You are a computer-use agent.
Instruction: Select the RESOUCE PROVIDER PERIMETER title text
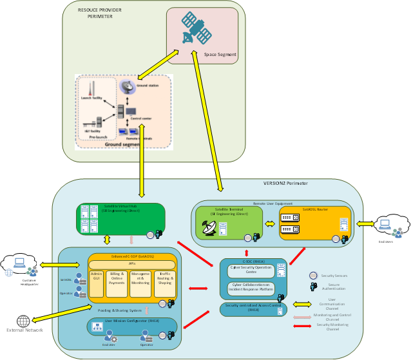point(100,14)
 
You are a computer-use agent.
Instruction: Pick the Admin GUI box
point(97,283)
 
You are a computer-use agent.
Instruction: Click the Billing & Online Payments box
point(117,283)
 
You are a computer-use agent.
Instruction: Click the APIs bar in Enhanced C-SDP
point(131,264)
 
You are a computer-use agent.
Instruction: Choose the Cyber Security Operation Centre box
point(251,270)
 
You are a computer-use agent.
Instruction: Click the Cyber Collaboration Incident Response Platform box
point(251,290)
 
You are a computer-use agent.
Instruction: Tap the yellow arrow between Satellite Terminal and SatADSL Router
point(271,224)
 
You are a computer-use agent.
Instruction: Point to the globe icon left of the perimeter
point(24,320)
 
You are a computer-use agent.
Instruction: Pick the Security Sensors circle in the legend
point(313,275)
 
